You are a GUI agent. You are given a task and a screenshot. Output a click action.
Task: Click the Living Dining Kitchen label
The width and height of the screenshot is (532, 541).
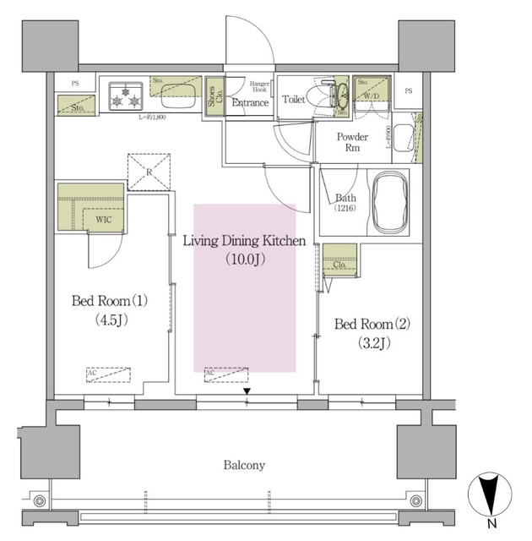click(244, 242)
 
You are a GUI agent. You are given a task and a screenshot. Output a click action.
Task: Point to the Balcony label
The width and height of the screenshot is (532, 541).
click(244, 465)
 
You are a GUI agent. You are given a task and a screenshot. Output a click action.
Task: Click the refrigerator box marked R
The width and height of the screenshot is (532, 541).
click(149, 172)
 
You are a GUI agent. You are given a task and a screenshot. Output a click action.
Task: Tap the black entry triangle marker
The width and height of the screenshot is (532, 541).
click(247, 391)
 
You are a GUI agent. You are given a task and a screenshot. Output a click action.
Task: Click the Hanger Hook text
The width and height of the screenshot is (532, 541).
click(260, 88)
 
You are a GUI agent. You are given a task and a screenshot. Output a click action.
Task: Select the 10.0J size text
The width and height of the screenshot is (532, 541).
click(245, 260)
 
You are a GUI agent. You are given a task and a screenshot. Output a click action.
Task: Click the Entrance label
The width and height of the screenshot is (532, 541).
click(251, 104)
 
